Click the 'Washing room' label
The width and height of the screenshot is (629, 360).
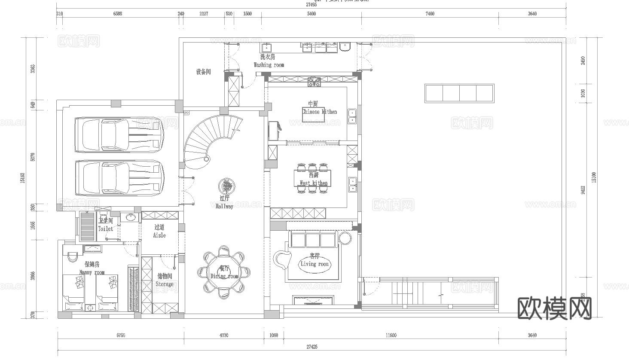click(269, 65)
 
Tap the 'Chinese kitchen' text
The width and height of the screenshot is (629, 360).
click(319, 112)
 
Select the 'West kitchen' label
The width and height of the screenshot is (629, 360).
click(314, 183)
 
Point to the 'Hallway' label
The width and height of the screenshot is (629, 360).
click(224, 206)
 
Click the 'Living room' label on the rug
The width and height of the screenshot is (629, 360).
click(314, 264)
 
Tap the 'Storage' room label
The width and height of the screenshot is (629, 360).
click(165, 284)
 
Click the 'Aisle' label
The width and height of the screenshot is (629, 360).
click(159, 235)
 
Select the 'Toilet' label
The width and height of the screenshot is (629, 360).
click(106, 229)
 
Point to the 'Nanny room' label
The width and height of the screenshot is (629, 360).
click(92, 272)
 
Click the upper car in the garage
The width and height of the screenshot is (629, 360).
click(119, 134)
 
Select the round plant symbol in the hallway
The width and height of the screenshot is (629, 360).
click(226, 186)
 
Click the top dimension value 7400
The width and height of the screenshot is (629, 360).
click(430, 14)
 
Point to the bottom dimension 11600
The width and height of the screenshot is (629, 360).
click(391, 335)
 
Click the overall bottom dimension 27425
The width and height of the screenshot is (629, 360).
click(312, 347)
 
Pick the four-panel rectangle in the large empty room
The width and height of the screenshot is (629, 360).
click(459, 93)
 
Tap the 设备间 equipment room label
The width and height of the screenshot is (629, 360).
click(203, 72)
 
